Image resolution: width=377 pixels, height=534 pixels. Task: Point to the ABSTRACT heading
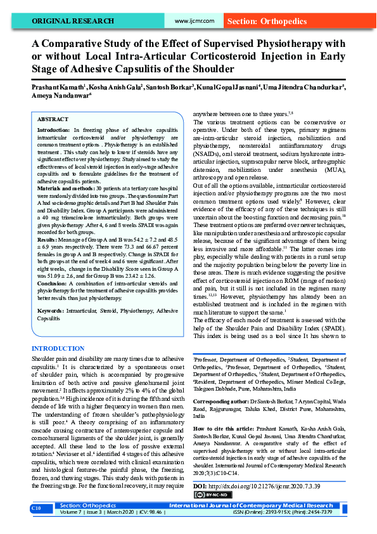tap(53, 119)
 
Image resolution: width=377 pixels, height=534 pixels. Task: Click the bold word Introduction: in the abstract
tap(53, 129)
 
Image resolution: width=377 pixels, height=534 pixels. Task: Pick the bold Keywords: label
tap(50, 311)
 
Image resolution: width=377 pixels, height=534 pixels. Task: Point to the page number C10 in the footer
tap(37, 509)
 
